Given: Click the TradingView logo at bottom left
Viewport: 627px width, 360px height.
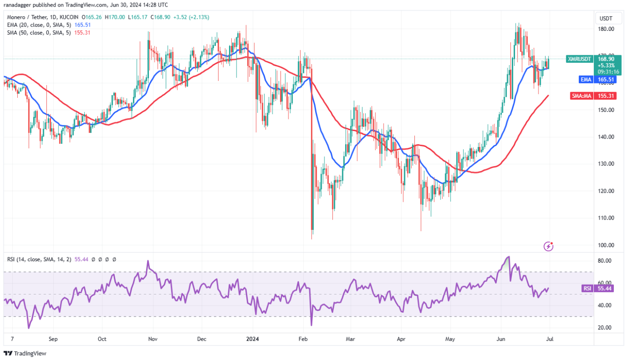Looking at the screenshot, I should pyautogui.click(x=25, y=353).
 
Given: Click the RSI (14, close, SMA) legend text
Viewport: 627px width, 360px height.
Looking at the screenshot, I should pyautogui.click(x=37, y=259).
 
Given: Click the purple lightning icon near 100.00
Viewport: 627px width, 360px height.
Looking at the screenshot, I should pyautogui.click(x=549, y=246).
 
